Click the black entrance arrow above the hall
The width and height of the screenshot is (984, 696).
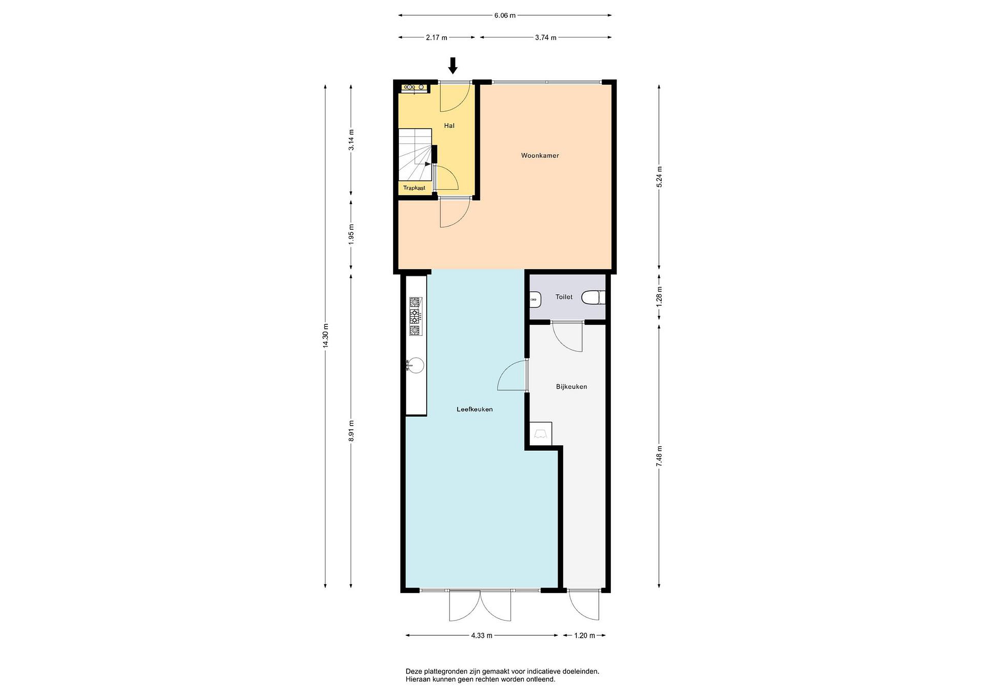coord(453,66)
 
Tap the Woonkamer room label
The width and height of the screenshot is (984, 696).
coord(540,155)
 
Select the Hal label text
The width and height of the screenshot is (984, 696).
coord(449,126)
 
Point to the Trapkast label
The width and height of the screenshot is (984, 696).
coord(414,188)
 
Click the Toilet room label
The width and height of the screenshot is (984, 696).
coord(564,297)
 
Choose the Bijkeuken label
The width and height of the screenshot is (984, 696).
coord(571,386)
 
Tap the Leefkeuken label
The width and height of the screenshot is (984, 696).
coord(475,409)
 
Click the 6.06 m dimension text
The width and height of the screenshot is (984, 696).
coord(505,15)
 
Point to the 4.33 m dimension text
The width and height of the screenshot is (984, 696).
coord(482,636)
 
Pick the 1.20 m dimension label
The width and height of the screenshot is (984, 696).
coord(585,636)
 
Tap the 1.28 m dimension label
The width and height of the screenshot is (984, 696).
coord(659,297)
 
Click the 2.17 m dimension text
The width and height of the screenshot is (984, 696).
coord(436,38)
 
